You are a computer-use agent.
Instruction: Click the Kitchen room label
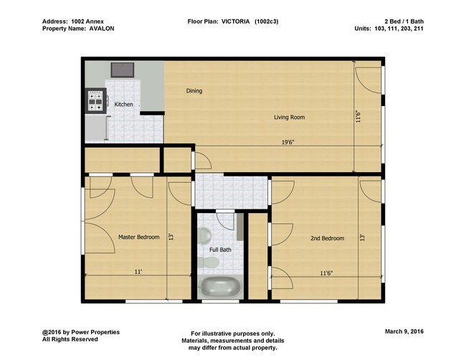124,105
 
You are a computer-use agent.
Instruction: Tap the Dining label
194,91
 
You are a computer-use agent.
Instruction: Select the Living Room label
290,117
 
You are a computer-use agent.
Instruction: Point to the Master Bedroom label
138,237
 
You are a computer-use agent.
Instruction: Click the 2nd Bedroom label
327,238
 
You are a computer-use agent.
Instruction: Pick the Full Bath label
220,250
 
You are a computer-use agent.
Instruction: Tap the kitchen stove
95,101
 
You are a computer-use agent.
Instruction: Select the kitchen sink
123,70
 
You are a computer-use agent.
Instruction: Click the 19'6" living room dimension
288,142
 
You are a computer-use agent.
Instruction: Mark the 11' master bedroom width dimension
137,272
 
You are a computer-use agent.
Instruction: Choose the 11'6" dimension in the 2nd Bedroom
325,273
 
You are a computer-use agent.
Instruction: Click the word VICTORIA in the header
235,22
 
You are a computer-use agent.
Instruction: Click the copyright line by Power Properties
81,332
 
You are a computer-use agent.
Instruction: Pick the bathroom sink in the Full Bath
204,234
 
